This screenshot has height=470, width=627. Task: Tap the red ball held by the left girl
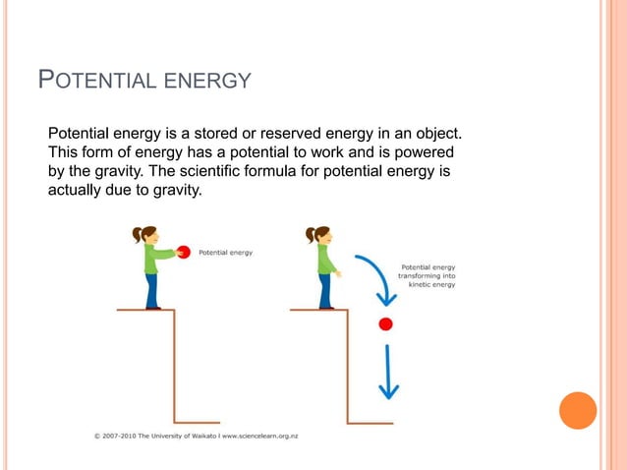pos(184,251)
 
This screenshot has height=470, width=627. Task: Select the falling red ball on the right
pos(386,323)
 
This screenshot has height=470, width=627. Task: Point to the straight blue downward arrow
pos(390,374)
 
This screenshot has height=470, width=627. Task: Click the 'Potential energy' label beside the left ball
pos(227,252)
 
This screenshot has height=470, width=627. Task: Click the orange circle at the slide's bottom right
pos(578,411)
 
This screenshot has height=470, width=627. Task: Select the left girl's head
pos(147,235)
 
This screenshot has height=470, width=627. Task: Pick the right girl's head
pos(321,235)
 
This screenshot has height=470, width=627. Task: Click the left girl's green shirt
pos(152,259)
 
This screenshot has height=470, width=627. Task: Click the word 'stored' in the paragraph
pos(248,133)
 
